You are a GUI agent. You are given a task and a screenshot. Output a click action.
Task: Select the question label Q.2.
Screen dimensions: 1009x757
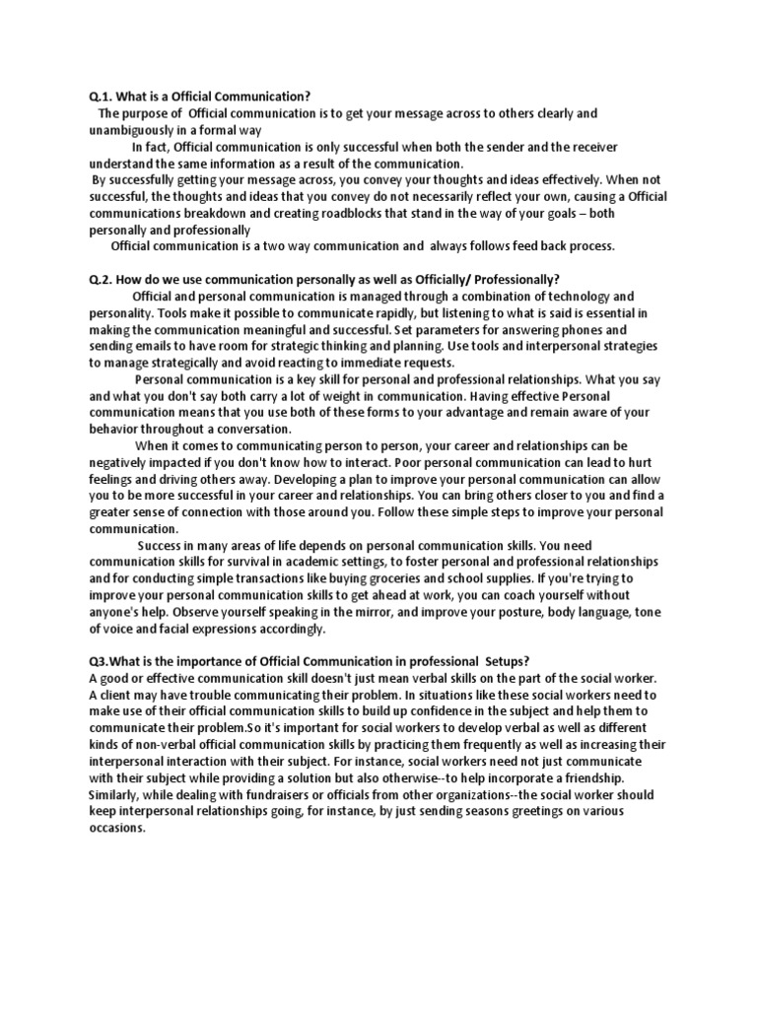100,280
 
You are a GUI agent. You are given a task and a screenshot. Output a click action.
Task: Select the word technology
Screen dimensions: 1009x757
578,297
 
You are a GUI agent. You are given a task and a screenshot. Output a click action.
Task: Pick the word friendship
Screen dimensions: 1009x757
559,777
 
